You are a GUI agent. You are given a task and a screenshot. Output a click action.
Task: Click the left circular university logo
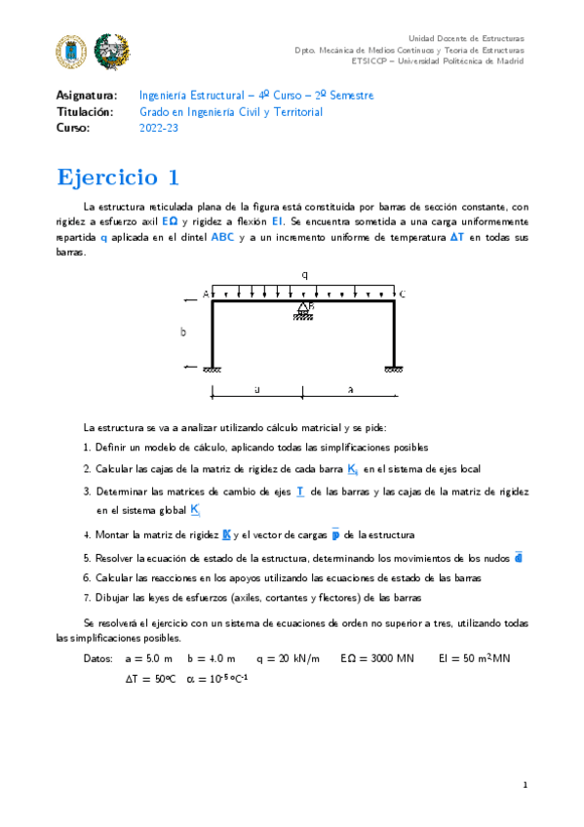(73, 50)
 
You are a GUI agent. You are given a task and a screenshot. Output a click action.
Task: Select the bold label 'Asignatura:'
(87, 96)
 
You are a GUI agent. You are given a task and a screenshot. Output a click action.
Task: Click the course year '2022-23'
(160, 128)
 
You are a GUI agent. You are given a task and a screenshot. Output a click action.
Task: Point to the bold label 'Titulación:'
(86, 112)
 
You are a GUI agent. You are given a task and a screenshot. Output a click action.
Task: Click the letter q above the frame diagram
(304, 275)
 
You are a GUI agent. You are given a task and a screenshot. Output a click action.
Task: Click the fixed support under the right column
(394, 369)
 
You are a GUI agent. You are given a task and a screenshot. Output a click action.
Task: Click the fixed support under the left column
(212, 369)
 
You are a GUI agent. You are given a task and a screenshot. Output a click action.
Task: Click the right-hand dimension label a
(350, 388)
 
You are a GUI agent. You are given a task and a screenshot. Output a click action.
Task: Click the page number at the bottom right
(525, 784)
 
